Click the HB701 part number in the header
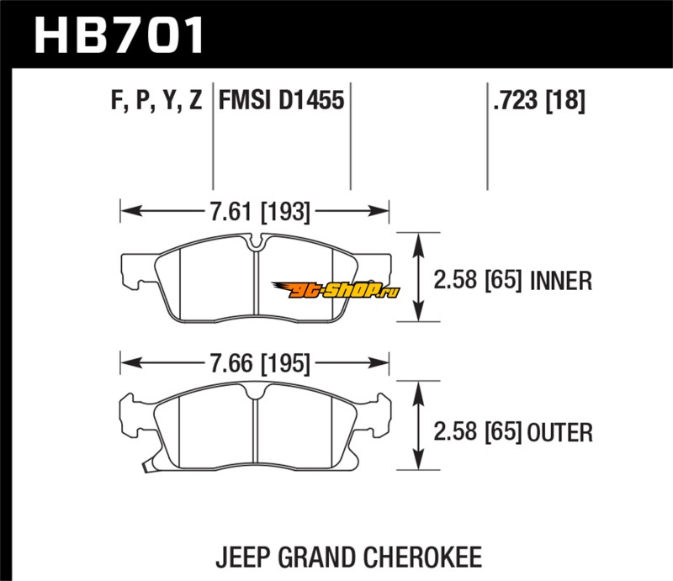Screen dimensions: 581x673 coord(118,34)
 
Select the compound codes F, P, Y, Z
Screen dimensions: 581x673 coord(156,102)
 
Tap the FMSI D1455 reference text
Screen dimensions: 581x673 coord(281,102)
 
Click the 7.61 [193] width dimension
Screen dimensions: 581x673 coord(256,212)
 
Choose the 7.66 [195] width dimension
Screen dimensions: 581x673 coord(256,364)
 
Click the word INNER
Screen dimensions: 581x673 coord(562,281)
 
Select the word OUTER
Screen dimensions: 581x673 coord(562,433)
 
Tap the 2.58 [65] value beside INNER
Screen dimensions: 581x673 coord(480,281)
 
